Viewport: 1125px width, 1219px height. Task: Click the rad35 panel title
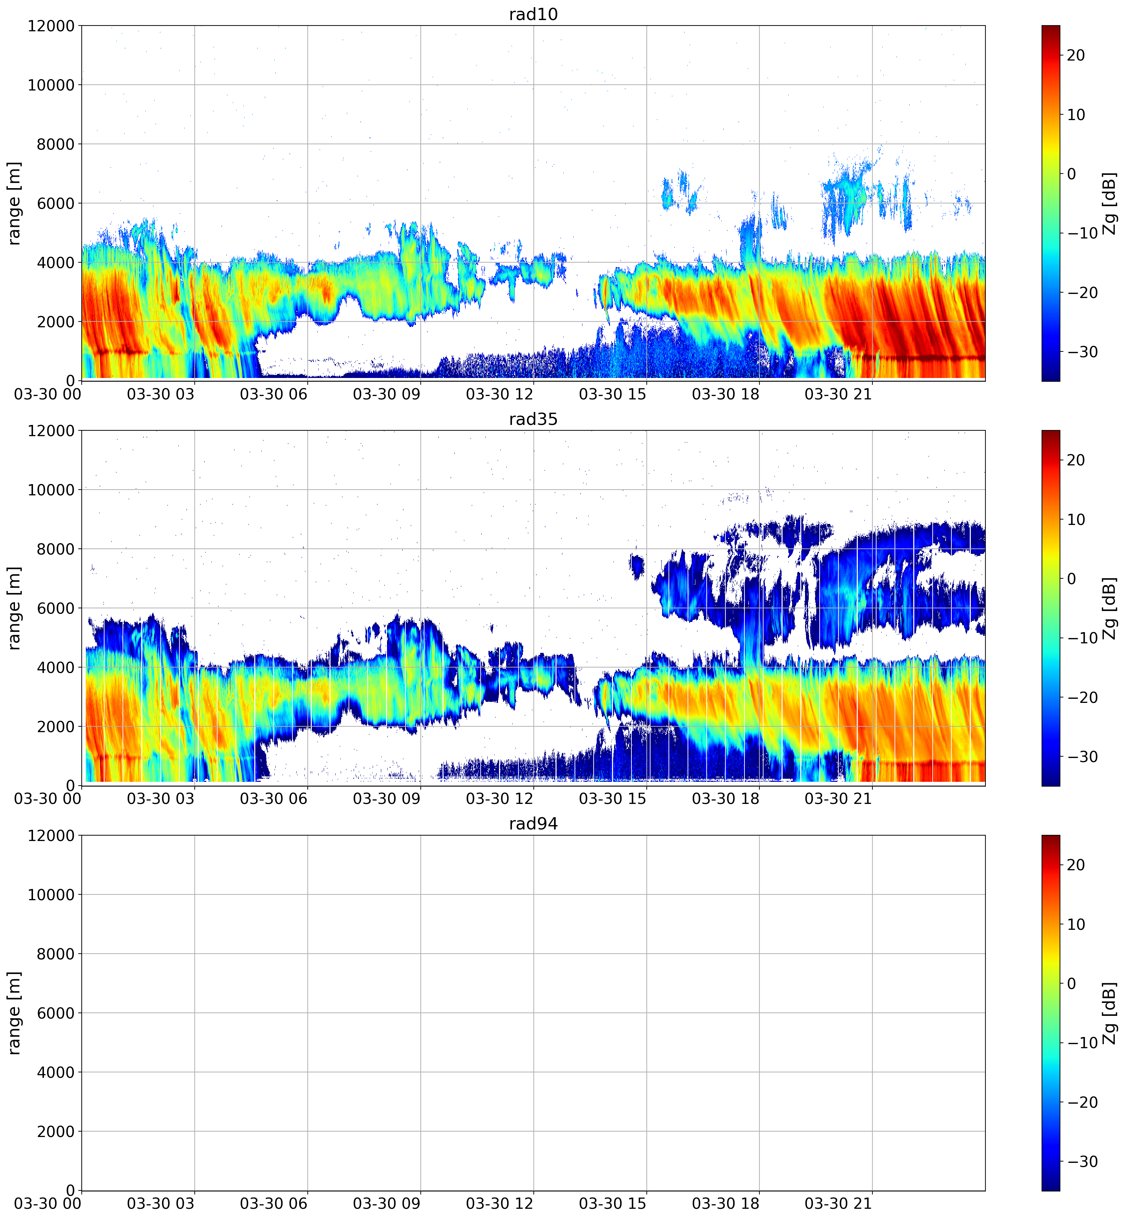pos(533,419)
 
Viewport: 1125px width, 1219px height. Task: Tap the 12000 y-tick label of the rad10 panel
pos(51,26)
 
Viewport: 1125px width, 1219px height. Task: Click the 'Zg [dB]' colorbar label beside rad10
pos(1110,203)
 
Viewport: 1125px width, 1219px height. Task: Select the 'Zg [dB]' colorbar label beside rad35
pos(1110,608)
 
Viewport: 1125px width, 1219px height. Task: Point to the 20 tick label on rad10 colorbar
pos(1076,55)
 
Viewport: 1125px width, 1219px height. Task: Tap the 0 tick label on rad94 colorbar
pos(1072,984)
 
